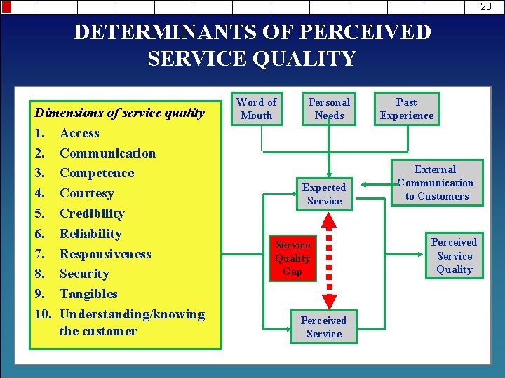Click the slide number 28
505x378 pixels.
pyautogui.click(x=486, y=6)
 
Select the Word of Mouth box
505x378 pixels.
pyautogui.click(x=257, y=108)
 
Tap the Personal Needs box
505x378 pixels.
pyautogui.click(x=330, y=108)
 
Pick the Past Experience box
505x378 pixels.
pyautogui.click(x=407, y=108)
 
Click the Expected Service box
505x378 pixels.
pyautogui.click(x=324, y=194)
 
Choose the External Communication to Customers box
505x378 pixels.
pyautogui.click(x=435, y=183)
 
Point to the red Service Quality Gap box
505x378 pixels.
pyautogui.click(x=293, y=258)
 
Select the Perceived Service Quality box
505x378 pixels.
pyautogui.click(x=454, y=255)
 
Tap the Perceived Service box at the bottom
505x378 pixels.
pyautogui.click(x=324, y=327)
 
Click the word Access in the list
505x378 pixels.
pyautogui.click(x=79, y=133)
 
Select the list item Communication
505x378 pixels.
pyautogui.click(x=107, y=153)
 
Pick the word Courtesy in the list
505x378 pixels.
pyautogui.click(x=86, y=193)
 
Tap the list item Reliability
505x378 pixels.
pyautogui.click(x=90, y=234)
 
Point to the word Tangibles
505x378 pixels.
pyautogui.click(x=88, y=294)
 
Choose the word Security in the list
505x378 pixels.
pyautogui.click(x=84, y=274)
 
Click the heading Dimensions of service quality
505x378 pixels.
pyautogui.click(x=120, y=113)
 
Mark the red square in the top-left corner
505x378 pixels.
pyautogui.click(x=6, y=7)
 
